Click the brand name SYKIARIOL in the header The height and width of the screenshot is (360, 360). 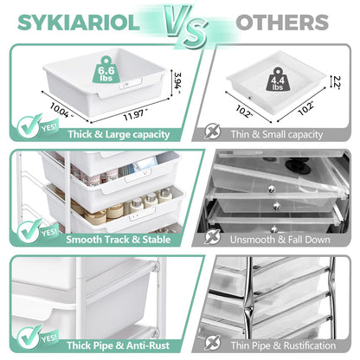79,22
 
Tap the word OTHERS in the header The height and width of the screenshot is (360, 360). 282,22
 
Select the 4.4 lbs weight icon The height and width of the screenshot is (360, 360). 278,80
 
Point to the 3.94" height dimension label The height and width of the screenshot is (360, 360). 177,83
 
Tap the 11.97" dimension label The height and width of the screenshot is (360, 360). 135,115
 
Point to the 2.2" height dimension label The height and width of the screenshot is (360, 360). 337,82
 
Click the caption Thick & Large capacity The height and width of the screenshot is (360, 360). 119,134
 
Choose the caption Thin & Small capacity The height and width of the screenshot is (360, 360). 277,134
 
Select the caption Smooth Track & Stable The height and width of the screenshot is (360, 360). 119,240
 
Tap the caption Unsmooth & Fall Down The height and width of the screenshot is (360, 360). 280,240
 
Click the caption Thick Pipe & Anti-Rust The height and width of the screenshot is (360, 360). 118,345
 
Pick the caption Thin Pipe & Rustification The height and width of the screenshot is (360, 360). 283,345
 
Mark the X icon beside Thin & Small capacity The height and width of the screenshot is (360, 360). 213,132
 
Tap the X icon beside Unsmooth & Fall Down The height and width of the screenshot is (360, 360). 213,237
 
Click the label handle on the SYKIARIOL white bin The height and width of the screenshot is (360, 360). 130,85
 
